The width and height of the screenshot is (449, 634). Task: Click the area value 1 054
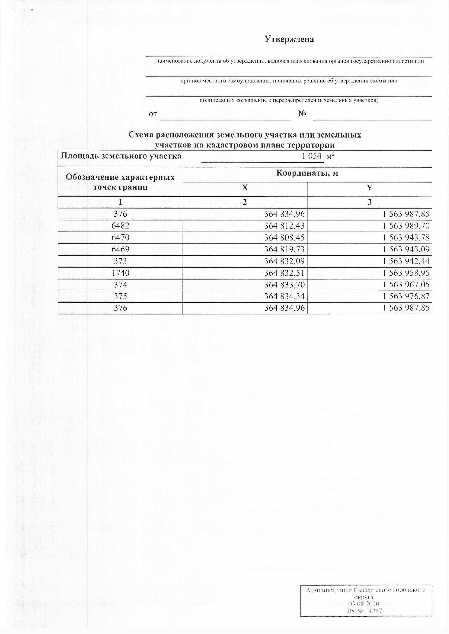(x=312, y=156)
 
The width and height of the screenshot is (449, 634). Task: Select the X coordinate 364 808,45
(x=284, y=238)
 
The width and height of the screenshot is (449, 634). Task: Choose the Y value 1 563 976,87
(x=406, y=296)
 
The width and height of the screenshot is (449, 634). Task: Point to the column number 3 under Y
(x=369, y=202)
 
